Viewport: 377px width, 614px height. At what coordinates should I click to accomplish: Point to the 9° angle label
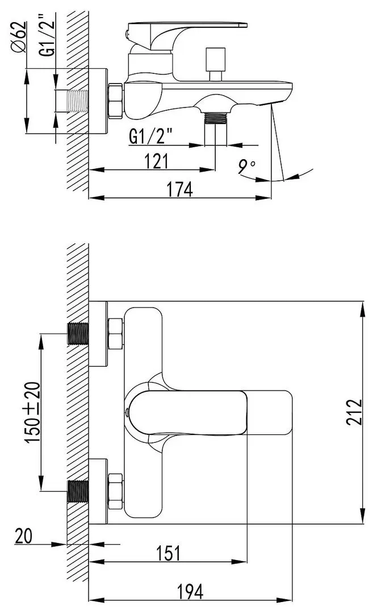(247, 166)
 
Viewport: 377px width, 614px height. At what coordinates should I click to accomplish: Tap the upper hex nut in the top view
(115, 334)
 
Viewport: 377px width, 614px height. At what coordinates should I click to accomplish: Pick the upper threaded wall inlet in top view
(78, 334)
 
